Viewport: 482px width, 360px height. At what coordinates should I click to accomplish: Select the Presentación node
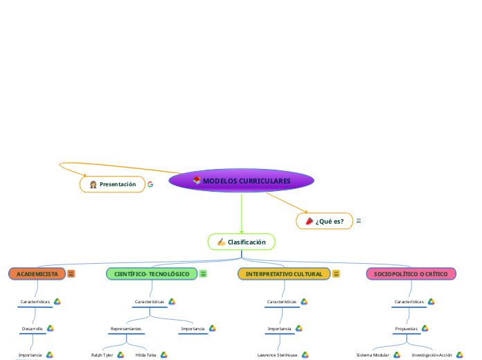(113, 184)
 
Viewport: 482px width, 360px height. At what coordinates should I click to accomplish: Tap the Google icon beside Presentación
(150, 184)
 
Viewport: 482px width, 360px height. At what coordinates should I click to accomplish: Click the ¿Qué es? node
(324, 221)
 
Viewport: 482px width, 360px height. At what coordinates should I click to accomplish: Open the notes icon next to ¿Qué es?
(359, 221)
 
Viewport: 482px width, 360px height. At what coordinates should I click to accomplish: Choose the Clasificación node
(241, 242)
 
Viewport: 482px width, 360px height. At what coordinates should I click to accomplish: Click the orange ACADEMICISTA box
(37, 274)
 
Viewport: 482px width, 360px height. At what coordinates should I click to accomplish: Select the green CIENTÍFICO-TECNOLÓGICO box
(152, 274)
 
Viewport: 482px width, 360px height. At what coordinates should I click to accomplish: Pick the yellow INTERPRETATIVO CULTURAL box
(284, 274)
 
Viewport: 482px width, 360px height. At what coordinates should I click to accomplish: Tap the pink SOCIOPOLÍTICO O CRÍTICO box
(411, 274)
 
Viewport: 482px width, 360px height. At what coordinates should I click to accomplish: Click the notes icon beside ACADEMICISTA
(71, 274)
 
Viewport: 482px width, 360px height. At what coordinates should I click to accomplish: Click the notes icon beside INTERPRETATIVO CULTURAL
(337, 274)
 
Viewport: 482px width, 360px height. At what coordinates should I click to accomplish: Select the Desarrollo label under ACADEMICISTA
(33, 328)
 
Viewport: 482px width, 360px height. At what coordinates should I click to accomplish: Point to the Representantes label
(126, 328)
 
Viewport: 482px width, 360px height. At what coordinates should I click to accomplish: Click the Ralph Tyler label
(102, 354)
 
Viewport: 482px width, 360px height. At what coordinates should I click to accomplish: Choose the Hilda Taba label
(145, 354)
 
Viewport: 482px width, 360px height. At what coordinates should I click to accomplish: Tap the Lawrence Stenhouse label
(277, 354)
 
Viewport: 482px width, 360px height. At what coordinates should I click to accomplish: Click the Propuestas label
(406, 328)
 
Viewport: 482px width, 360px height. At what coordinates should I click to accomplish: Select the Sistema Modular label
(373, 354)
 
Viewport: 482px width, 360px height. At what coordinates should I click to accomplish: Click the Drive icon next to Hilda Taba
(164, 354)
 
